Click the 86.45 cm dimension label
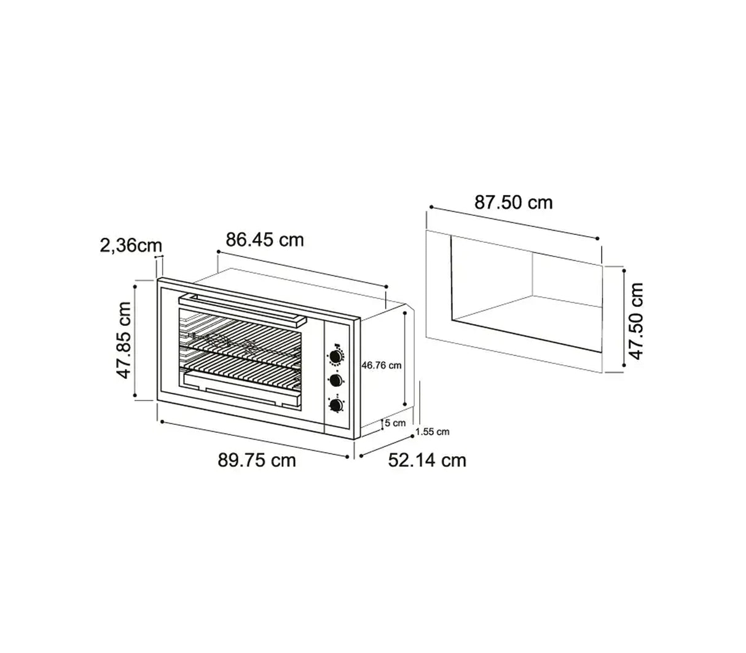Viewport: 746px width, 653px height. [x=265, y=239]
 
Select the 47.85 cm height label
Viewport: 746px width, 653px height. [x=125, y=340]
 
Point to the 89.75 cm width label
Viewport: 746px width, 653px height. [x=257, y=460]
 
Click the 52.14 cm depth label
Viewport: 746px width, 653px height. [x=427, y=460]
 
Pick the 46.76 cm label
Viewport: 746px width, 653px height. [x=381, y=365]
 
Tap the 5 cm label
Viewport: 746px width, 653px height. [x=395, y=423]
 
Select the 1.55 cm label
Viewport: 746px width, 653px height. [x=432, y=432]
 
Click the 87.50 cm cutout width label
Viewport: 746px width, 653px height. [x=513, y=202]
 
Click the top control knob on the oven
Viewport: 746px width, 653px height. [x=336, y=356]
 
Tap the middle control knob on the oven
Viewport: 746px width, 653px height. [x=336, y=380]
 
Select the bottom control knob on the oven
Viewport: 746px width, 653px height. [x=336, y=405]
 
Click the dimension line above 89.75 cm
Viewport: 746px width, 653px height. [x=253, y=438]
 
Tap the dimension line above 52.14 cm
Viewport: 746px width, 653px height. [x=386, y=446]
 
